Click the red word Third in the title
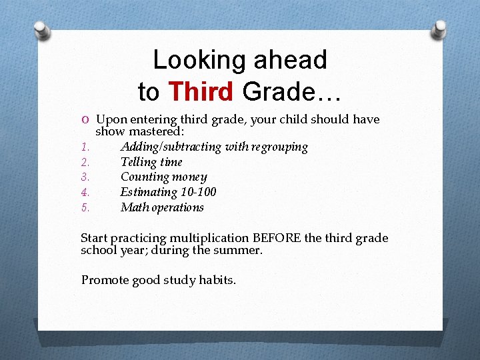tap(201, 91)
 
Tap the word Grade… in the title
tap(292, 91)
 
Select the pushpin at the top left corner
tap(41, 29)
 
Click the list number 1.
tap(84, 147)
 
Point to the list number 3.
tap(85, 177)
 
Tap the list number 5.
tap(85, 208)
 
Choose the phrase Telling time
tap(151, 162)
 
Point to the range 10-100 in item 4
tap(198, 193)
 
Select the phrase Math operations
tap(162, 207)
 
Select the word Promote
tap(104, 280)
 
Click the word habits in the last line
tap(217, 280)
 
